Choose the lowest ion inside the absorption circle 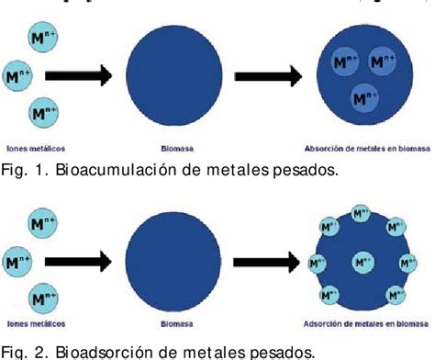(364, 96)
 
